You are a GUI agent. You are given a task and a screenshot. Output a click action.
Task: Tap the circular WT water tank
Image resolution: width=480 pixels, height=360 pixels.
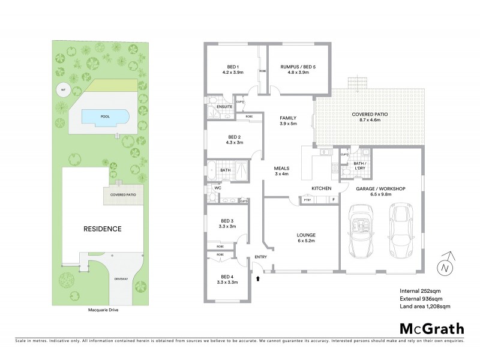pyautogui.click(x=61, y=91)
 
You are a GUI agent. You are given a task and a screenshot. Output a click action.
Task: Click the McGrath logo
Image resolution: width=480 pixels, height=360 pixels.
pyautogui.click(x=431, y=328)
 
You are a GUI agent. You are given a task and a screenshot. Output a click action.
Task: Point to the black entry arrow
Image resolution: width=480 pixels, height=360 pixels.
pyautogui.click(x=258, y=278)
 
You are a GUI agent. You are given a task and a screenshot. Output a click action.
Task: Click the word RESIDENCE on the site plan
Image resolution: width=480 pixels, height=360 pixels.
pyautogui.click(x=103, y=229)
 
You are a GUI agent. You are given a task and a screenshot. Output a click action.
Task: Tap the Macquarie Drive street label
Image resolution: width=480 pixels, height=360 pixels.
pyautogui.click(x=103, y=311)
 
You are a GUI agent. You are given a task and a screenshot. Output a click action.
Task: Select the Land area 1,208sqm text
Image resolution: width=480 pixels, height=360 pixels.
pyautogui.click(x=425, y=306)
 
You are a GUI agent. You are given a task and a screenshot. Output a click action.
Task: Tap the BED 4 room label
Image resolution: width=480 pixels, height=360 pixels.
pyautogui.click(x=226, y=278)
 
